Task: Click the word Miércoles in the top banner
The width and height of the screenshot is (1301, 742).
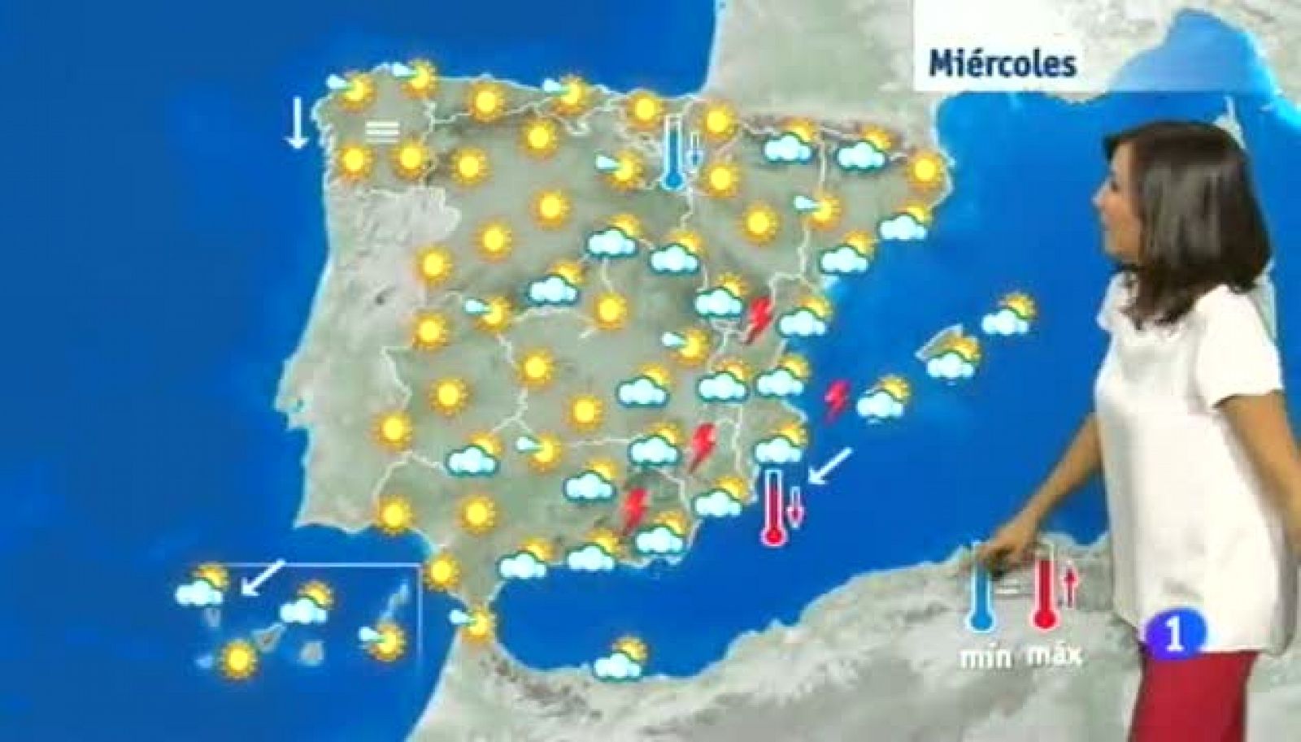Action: [1003, 63]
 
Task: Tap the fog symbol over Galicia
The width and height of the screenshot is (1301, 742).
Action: [381, 130]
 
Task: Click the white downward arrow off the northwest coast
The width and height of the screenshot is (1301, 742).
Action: [296, 122]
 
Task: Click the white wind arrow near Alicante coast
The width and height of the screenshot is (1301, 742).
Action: [830, 466]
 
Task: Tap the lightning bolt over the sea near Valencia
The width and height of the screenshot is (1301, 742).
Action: [836, 401]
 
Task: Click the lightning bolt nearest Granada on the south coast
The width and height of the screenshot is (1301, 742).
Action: [634, 510]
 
